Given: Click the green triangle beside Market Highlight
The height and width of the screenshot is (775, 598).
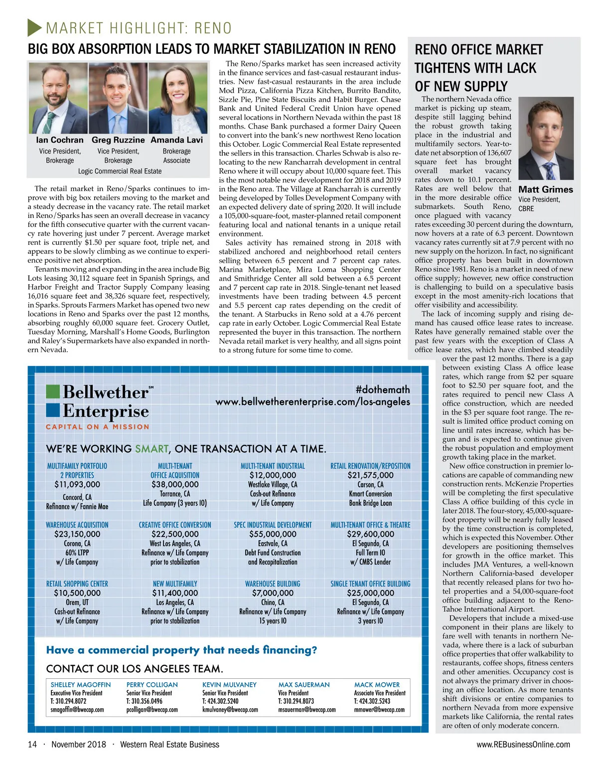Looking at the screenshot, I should [x=34, y=27].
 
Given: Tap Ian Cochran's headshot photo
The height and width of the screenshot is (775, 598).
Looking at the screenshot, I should [x=58, y=98].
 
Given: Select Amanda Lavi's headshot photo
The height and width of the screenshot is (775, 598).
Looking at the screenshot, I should [x=177, y=98].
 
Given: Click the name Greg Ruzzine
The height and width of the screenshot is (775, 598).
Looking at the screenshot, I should [x=118, y=140].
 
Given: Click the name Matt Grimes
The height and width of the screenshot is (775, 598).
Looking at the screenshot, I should [x=546, y=190].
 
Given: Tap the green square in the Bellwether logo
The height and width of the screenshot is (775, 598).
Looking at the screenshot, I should [x=53, y=391].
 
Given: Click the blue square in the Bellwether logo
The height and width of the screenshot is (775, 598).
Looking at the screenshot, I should [x=53, y=410].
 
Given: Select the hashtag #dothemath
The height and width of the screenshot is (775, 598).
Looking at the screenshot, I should [x=383, y=389].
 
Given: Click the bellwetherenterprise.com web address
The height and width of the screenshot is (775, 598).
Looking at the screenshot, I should [x=312, y=402].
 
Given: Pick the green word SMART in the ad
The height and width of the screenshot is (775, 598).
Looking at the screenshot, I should [x=151, y=449].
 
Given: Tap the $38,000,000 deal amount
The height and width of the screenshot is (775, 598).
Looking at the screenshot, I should [x=175, y=484].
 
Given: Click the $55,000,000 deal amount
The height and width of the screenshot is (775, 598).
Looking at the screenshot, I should [x=273, y=534].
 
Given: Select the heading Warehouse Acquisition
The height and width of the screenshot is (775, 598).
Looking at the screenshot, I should [x=77, y=525].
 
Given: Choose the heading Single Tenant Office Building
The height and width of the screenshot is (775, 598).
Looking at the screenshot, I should [x=370, y=583].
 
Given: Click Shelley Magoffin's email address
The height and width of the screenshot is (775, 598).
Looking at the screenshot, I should [x=77, y=710].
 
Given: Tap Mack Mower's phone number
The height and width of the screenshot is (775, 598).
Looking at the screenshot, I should [x=372, y=701].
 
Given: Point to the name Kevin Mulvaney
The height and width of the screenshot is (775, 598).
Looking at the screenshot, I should [x=229, y=685].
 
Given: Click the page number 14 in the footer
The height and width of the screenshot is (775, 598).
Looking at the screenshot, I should [x=32, y=745].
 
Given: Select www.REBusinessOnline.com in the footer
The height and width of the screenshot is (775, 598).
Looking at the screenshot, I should [x=523, y=745].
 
